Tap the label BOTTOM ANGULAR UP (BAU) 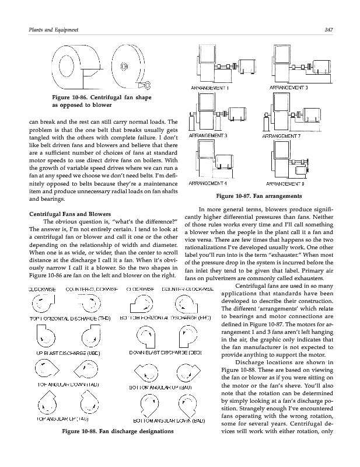coord(165,386)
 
